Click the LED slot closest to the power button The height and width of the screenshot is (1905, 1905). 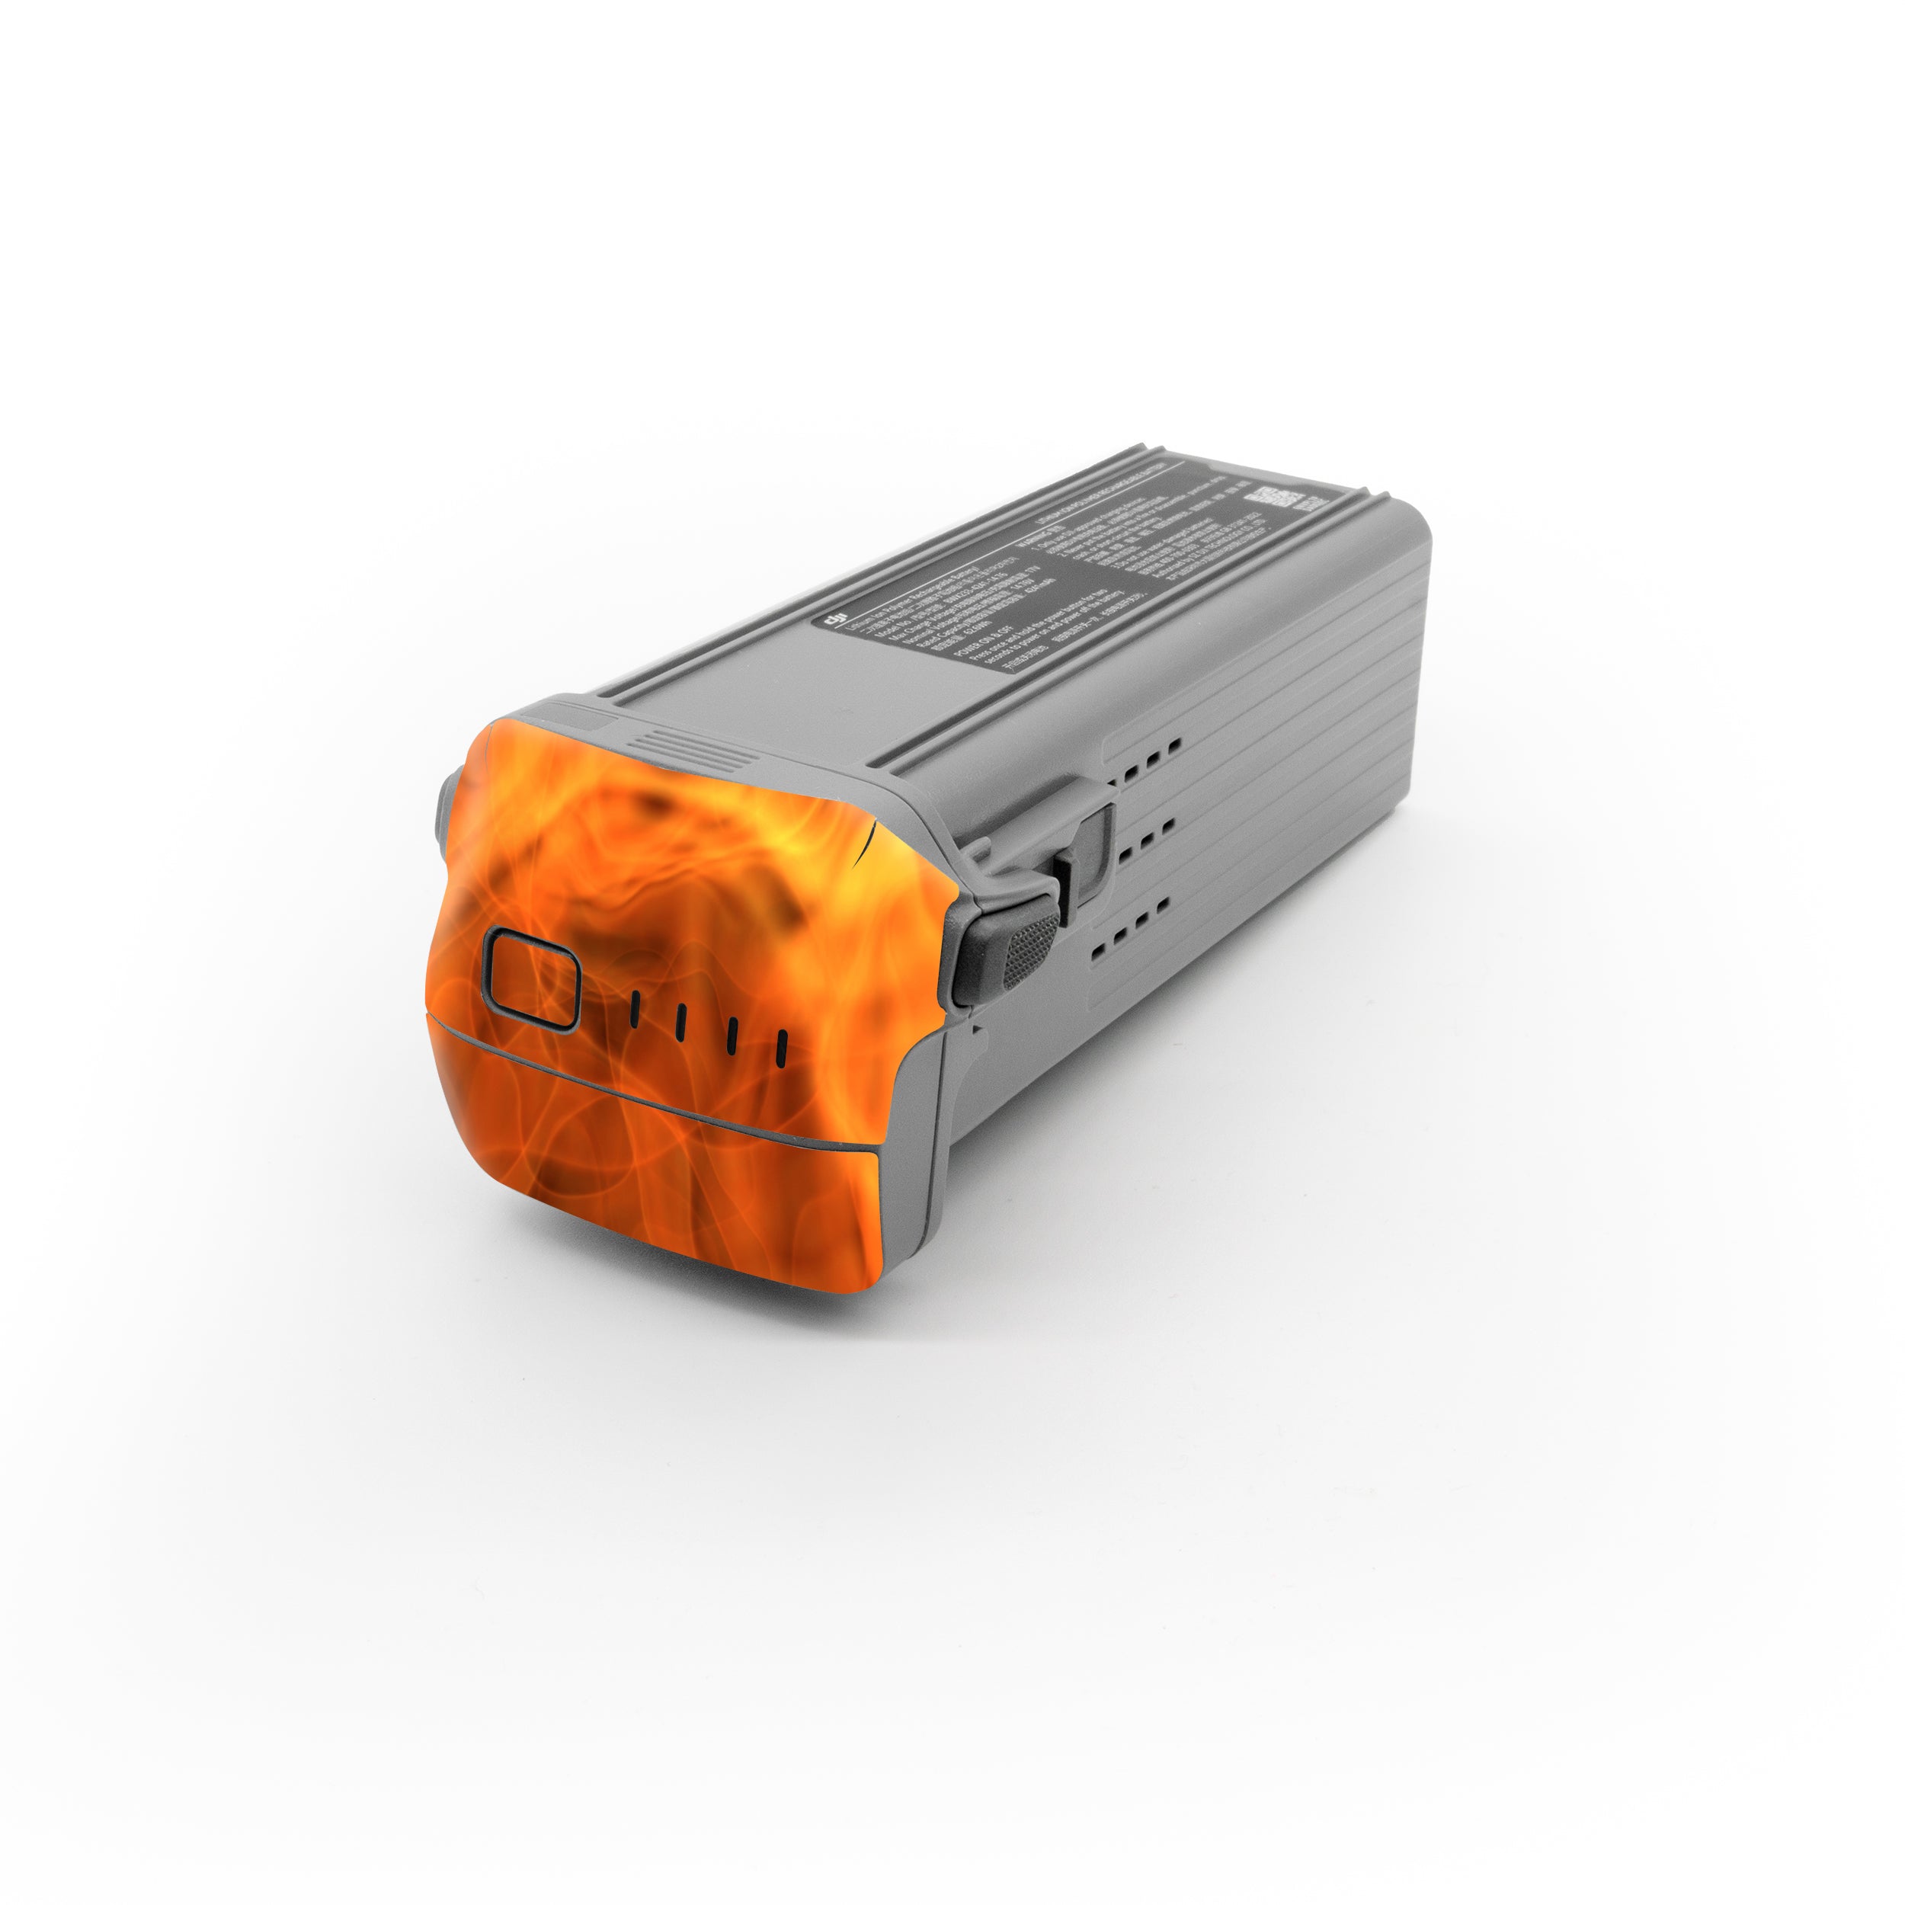click(x=634, y=1009)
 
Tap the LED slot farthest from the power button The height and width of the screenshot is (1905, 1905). click(x=781, y=1049)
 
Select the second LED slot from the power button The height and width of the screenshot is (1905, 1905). click(x=680, y=1022)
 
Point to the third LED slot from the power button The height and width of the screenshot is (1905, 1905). click(x=732, y=1036)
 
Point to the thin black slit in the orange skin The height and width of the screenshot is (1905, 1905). click(x=868, y=842)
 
